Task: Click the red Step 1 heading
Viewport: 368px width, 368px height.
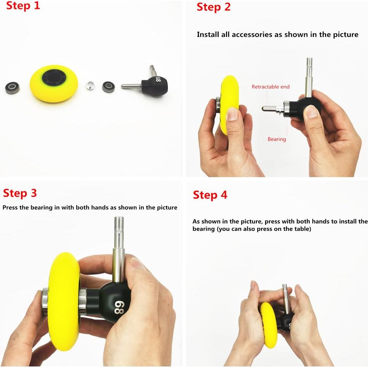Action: [x=23, y=6]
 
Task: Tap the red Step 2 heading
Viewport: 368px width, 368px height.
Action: [x=214, y=7]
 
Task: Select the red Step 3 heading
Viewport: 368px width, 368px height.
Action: [x=20, y=193]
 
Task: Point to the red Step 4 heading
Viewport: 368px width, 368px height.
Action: [x=210, y=195]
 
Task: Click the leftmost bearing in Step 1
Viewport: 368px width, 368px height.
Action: [x=12, y=87]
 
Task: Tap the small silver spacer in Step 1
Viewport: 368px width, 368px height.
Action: [x=90, y=85]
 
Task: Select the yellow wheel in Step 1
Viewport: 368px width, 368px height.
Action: [x=54, y=83]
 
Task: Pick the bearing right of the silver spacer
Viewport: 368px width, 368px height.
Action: [x=108, y=87]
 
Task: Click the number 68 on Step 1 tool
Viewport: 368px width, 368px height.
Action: [x=158, y=79]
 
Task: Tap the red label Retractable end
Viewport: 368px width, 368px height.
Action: [x=270, y=86]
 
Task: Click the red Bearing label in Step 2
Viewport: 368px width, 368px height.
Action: [x=277, y=139]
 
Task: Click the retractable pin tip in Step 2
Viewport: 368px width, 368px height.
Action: [x=264, y=109]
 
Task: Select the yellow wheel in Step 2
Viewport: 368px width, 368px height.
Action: [x=229, y=105]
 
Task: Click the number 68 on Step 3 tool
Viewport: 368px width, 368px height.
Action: [x=119, y=307]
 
